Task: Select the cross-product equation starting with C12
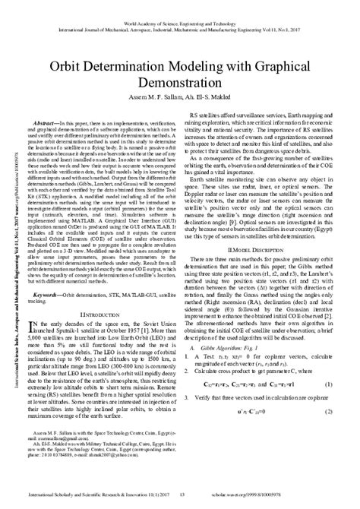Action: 262,428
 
